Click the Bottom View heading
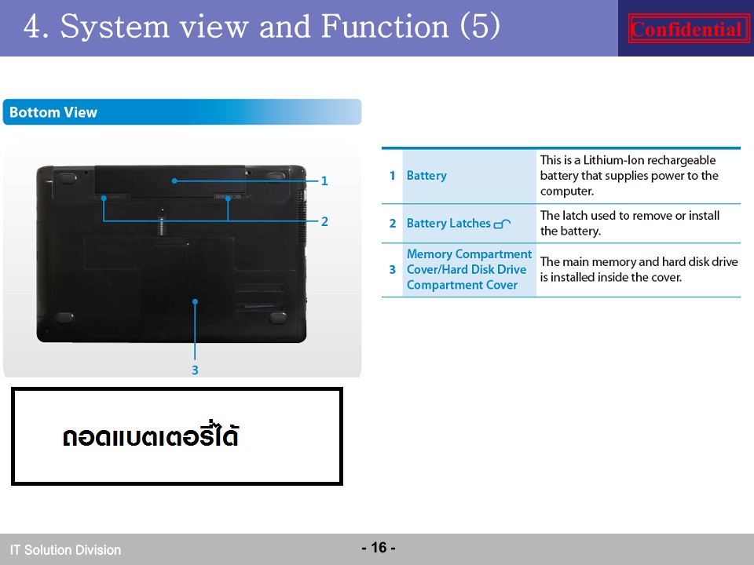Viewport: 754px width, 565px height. (53, 112)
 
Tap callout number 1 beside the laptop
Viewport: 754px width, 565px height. (324, 181)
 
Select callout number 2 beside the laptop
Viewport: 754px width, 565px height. (324, 221)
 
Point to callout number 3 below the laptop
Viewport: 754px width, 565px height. (195, 370)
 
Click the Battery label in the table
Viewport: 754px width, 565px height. (426, 176)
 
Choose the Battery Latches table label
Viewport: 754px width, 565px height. (448, 224)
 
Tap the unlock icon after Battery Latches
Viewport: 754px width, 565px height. (502, 224)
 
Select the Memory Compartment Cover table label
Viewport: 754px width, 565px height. (470, 269)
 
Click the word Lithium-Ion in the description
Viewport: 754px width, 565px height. (613, 160)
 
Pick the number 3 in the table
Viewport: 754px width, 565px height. (393, 269)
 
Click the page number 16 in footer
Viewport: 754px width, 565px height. (379, 548)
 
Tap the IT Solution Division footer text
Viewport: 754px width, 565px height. (65, 550)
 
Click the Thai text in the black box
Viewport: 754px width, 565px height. (151, 435)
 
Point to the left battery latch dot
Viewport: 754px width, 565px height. (104, 198)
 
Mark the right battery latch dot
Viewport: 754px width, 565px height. (228, 198)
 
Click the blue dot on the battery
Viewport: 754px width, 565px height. (174, 181)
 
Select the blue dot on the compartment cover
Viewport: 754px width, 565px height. (195, 301)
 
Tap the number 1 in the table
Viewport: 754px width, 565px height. (393, 176)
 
